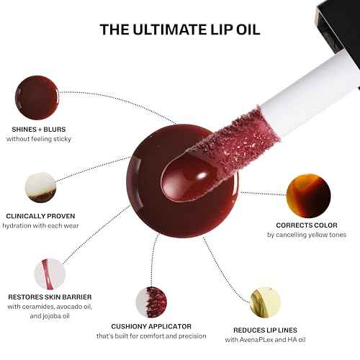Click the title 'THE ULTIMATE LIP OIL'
[180, 29]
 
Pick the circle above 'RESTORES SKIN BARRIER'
[49, 274]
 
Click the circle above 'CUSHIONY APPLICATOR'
[151, 302]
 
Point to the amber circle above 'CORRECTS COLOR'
[307, 196]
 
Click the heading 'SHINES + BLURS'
[38, 129]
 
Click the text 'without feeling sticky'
[38, 139]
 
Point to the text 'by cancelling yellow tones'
[307, 235]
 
